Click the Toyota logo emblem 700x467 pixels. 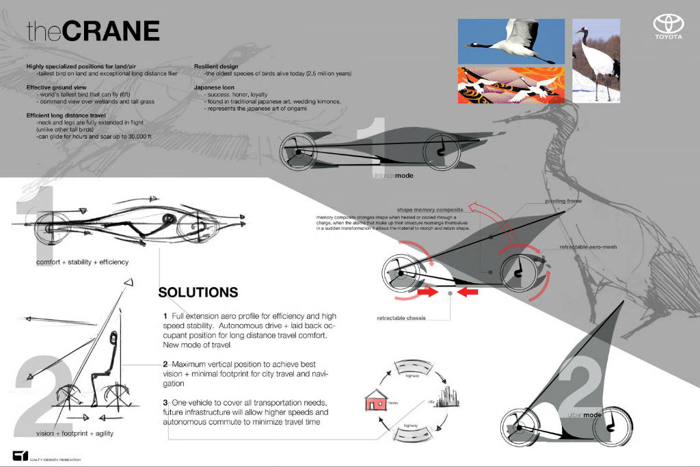coord(668,24)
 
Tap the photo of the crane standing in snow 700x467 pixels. coord(595,60)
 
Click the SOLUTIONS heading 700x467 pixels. coord(198,292)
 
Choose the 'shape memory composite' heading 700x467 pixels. coord(431,209)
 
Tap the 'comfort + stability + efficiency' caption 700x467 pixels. coord(82,262)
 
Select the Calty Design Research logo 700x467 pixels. coord(19,456)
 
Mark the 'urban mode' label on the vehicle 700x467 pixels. coord(583,415)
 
